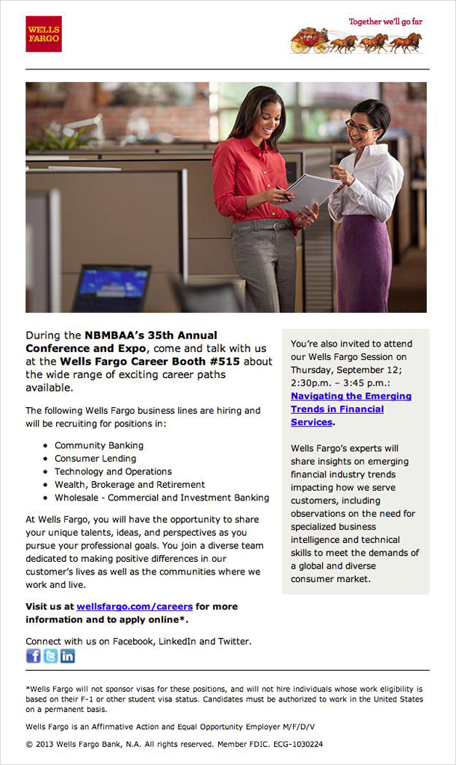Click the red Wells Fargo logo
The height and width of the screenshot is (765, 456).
(43, 34)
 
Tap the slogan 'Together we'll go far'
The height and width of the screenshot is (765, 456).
(385, 22)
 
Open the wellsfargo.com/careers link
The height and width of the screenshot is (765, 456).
(135, 607)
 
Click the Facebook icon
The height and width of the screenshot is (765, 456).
(34, 656)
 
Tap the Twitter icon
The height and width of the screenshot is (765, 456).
(51, 656)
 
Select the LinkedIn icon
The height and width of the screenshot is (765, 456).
(68, 656)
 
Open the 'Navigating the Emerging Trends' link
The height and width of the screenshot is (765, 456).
(351, 409)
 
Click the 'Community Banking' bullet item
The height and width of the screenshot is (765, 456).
(99, 445)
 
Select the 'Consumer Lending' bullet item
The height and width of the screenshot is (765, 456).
(95, 459)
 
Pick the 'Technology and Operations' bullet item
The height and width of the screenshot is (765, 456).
(113, 471)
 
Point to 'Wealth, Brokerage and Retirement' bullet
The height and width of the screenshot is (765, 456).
(129, 485)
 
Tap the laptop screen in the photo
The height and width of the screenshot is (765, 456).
(112, 285)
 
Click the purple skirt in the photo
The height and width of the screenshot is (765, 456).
(363, 261)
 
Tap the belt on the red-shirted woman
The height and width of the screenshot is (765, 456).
(262, 225)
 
